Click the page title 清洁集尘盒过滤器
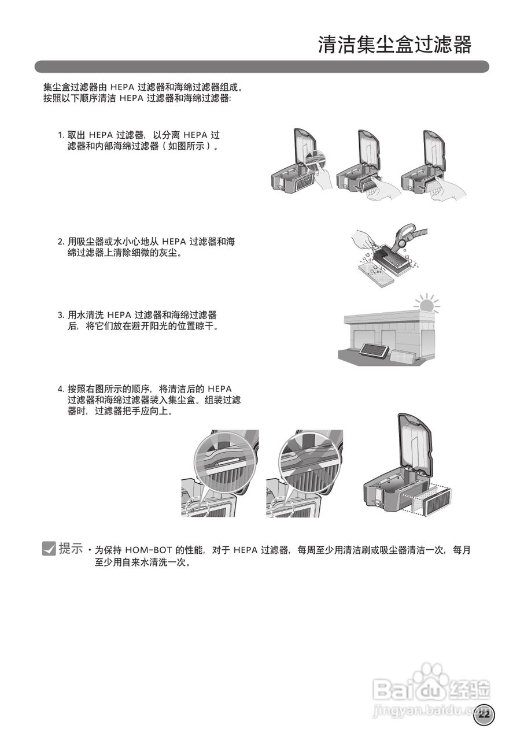click(394, 45)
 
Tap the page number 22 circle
click(484, 715)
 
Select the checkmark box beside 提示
click(49, 549)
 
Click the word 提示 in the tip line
click(71, 549)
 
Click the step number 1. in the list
click(61, 135)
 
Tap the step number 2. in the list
click(61, 242)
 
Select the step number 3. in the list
click(61, 315)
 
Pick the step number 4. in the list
click(61, 388)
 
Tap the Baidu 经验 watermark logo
click(431, 688)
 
